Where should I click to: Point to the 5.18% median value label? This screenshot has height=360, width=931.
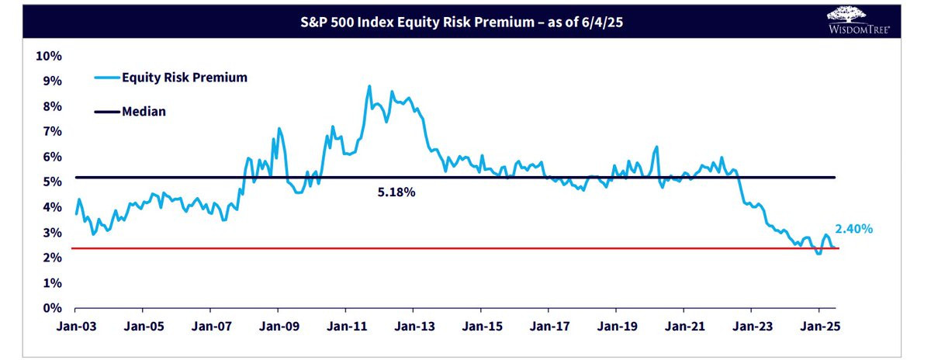tap(396, 192)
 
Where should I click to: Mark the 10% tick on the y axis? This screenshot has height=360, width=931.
tap(50, 56)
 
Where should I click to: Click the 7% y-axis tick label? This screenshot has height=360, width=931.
tap(52, 131)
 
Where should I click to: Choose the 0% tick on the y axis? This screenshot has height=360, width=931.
tap(52, 308)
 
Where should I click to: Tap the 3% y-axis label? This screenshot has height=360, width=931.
tap(52, 233)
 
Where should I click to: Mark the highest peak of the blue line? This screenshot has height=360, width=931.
tap(369, 86)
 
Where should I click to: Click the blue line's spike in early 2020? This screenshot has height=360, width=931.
tap(656, 147)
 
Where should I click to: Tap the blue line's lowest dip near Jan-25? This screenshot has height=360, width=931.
tap(819, 253)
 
